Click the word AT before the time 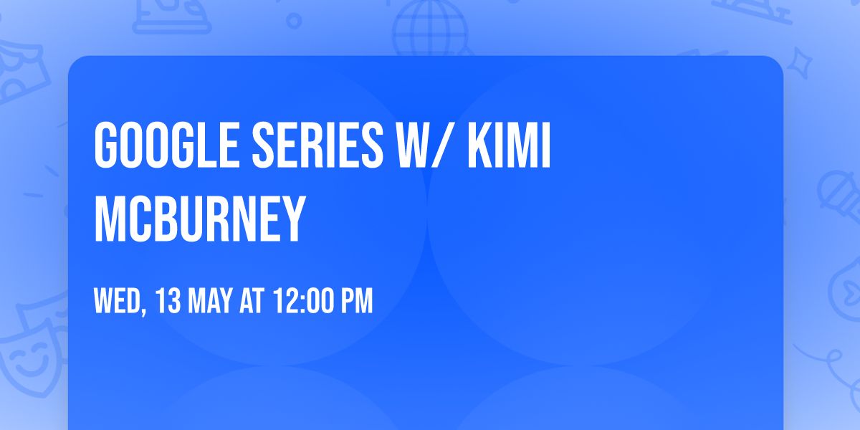252,302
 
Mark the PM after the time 356,302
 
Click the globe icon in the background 428,29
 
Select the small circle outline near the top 295,21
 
